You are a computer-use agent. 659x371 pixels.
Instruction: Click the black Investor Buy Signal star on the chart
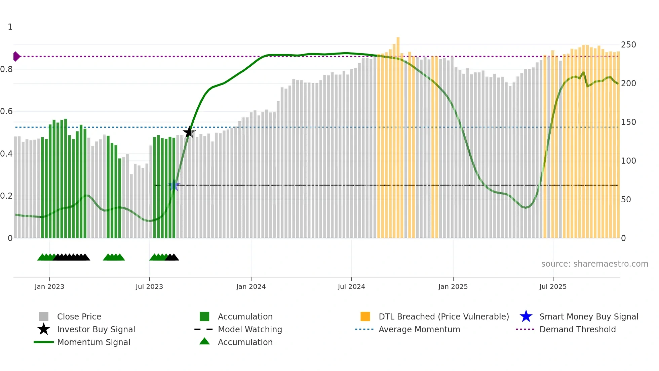coord(189,132)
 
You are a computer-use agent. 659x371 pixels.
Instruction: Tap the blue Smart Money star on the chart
coord(174,185)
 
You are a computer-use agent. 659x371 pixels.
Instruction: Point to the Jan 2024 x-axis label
coord(251,286)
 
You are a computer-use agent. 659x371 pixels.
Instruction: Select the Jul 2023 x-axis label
coord(149,286)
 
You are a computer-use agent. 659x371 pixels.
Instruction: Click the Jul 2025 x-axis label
coord(553,286)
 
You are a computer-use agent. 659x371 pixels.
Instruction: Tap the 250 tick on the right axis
coord(628,45)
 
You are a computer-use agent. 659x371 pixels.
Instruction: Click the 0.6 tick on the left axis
coord(6,111)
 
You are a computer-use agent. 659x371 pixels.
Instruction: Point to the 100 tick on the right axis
coord(628,161)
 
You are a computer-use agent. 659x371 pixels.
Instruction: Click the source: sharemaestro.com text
coord(594,264)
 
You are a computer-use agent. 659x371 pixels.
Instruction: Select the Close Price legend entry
coord(79,316)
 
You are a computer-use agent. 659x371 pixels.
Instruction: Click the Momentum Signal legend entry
coord(93,342)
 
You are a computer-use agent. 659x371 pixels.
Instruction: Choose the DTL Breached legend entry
coord(443,316)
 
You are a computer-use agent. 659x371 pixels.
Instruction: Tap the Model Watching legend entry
coord(250,329)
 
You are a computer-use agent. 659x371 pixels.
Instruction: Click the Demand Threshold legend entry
coord(577,329)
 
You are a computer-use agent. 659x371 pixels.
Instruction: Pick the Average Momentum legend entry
coord(419,329)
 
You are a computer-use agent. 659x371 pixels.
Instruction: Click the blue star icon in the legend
coord(526,316)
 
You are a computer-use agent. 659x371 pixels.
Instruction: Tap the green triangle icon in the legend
coord(204,342)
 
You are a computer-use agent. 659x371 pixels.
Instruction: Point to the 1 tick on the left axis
coord(10,27)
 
